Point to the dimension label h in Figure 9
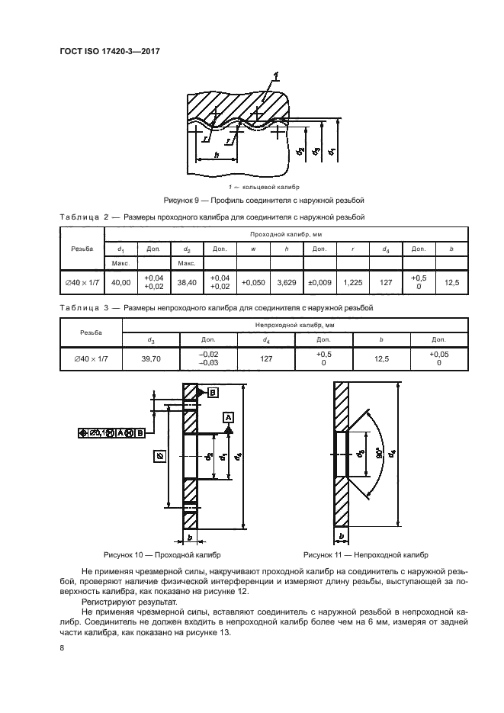217,156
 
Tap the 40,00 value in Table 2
120,282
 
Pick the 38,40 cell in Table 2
187,282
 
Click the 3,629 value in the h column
286,282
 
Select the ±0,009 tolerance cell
319,282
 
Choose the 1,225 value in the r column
353,282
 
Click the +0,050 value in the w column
252,282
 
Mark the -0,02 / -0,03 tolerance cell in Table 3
208,356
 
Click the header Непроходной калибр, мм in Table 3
295,325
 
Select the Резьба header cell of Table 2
82,249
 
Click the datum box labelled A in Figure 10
228,417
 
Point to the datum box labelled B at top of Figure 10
213,391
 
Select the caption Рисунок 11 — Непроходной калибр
366,555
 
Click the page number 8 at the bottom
62,647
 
